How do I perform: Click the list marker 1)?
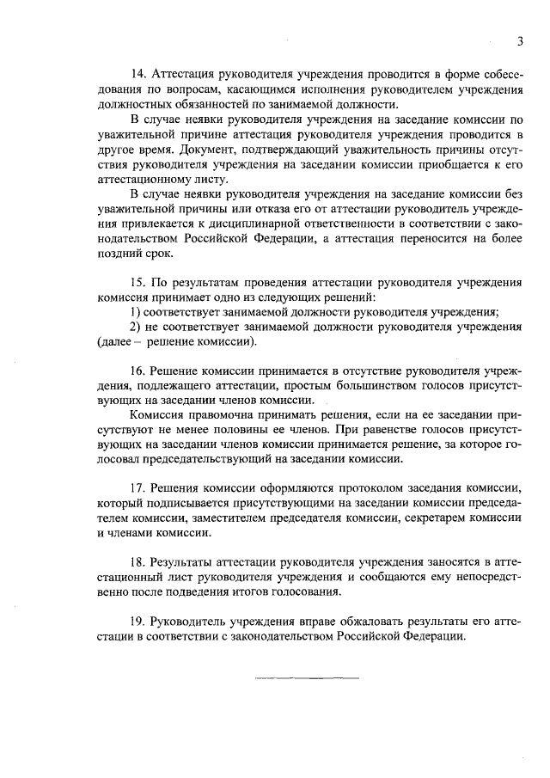pyautogui.click(x=135, y=311)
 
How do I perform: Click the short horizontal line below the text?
pyautogui.click(x=306, y=678)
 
